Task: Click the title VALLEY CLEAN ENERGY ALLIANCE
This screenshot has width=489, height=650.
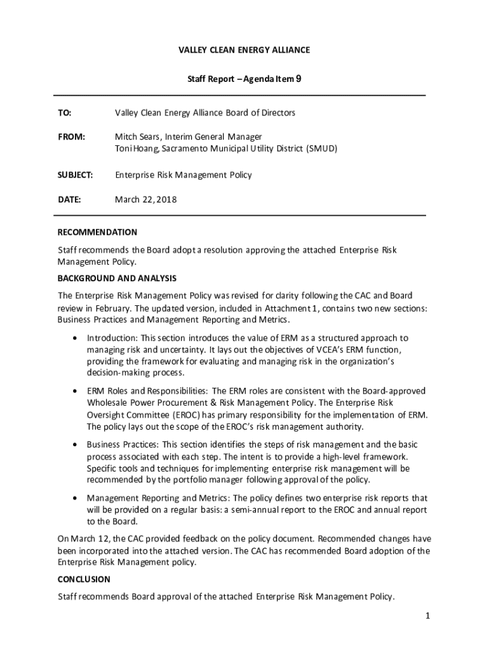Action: (x=245, y=50)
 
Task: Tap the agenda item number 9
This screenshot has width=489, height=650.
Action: (x=298, y=79)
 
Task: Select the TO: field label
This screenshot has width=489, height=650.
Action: (x=65, y=113)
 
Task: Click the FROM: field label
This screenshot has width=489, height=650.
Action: (x=71, y=136)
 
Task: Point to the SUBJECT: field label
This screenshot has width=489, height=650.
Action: (x=76, y=175)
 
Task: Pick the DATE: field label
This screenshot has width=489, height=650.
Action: (x=69, y=199)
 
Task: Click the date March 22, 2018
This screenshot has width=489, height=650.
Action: (x=145, y=199)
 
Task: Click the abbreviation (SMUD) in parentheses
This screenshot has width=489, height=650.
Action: (x=322, y=149)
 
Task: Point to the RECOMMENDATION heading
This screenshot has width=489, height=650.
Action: (x=97, y=232)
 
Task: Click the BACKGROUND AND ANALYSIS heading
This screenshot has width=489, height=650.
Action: (x=117, y=278)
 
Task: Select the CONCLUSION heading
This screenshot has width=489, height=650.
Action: (x=84, y=580)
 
